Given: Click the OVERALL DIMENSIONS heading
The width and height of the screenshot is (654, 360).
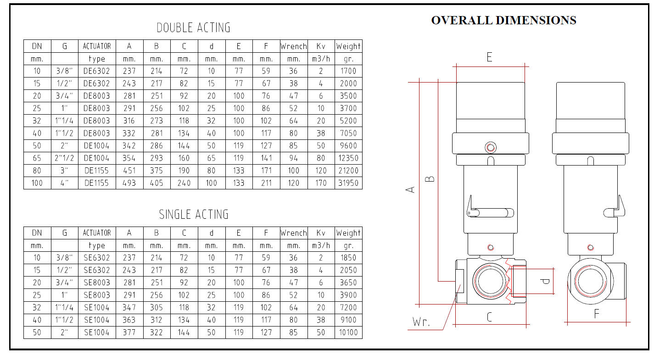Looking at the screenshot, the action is (503, 21).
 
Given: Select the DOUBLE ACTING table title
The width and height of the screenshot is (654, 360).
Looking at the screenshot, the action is (193, 28).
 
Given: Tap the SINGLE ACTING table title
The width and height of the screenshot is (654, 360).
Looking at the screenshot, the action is (194, 215).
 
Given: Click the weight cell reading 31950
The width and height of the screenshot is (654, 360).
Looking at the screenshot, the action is (348, 183).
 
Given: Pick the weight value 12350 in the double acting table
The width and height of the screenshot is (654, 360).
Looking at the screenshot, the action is (348, 158).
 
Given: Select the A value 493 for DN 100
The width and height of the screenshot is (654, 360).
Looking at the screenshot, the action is (129, 183).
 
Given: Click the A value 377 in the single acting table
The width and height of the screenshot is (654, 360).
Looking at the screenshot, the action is (129, 332).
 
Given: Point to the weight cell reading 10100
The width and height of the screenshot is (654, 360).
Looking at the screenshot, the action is (348, 332).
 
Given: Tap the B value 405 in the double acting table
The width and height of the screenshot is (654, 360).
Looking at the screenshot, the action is (157, 183).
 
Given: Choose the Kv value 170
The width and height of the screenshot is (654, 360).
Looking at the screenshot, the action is (321, 183).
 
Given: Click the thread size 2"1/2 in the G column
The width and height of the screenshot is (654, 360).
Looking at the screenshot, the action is (64, 158).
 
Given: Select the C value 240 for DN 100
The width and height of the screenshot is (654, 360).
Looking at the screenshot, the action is (184, 183).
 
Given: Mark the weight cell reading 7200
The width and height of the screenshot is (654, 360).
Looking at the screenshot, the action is (348, 307).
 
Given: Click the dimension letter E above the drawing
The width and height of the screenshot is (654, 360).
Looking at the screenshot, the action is (490, 57).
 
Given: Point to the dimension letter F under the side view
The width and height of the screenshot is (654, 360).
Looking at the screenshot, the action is (597, 314).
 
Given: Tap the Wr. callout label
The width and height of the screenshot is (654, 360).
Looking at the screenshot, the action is (421, 322).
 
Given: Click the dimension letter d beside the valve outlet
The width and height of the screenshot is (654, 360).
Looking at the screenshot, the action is (545, 282).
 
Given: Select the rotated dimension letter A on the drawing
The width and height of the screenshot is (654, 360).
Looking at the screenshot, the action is (410, 189).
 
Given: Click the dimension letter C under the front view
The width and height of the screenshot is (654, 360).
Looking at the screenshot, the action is (490, 317).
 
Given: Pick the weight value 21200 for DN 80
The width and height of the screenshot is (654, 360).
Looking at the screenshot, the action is (348, 171).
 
